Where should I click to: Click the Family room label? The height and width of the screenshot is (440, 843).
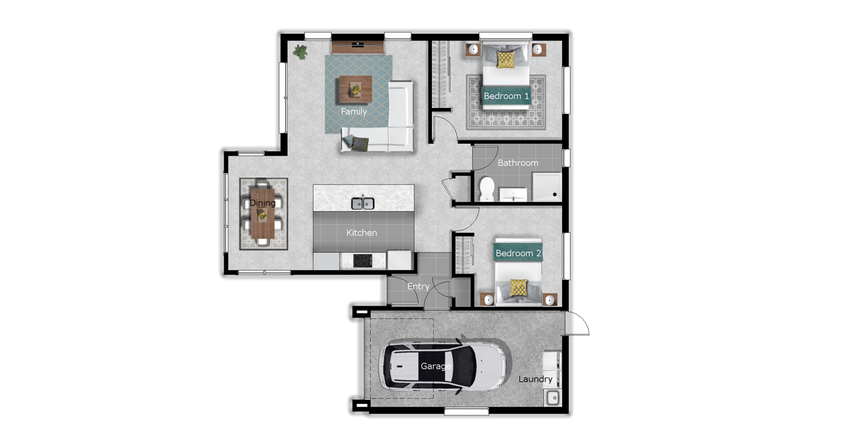pyautogui.click(x=354, y=112)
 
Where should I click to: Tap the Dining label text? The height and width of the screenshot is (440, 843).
pyautogui.click(x=262, y=203)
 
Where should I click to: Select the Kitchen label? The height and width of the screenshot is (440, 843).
pyautogui.click(x=362, y=233)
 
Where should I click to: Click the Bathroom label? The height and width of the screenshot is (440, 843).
pyautogui.click(x=518, y=163)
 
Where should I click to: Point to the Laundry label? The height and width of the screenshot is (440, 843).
pyautogui.click(x=535, y=379)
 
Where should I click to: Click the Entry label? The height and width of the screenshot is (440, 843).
pyautogui.click(x=418, y=286)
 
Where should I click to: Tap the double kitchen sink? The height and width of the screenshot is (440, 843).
pyautogui.click(x=362, y=204)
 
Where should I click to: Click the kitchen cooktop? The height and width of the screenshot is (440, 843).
pyautogui.click(x=363, y=261)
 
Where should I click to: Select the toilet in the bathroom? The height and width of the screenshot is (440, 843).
pyautogui.click(x=487, y=189)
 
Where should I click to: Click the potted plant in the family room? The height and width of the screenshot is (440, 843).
pyautogui.click(x=300, y=52)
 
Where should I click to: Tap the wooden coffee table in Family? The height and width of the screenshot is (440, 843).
pyautogui.click(x=356, y=89)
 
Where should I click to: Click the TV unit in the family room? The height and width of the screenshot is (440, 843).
pyautogui.click(x=358, y=47)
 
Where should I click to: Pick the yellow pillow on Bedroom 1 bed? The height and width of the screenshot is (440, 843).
pyautogui.click(x=505, y=59)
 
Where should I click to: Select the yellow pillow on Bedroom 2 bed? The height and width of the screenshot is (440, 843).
pyautogui.click(x=518, y=288)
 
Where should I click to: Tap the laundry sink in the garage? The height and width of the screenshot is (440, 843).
pyautogui.click(x=553, y=398)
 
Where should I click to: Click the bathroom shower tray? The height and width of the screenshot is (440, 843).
pyautogui.click(x=547, y=187)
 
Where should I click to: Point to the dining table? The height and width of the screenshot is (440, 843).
pyautogui.click(x=262, y=213)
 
